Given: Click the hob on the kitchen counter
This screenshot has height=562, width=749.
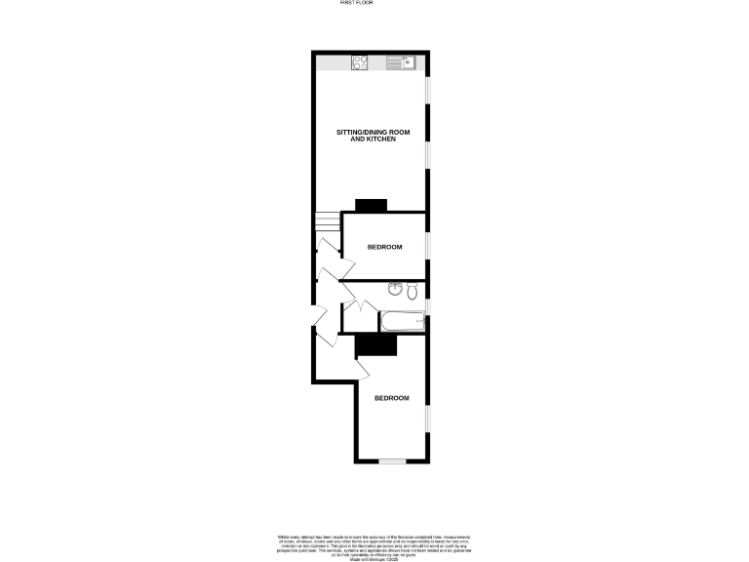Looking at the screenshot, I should (x=359, y=63).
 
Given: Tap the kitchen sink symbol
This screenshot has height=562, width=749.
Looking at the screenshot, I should (x=401, y=63).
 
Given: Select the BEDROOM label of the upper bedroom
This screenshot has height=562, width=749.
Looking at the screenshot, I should (x=384, y=247).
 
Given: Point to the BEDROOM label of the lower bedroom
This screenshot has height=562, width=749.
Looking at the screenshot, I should (x=390, y=398).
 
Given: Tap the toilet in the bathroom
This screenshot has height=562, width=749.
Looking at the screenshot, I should (x=413, y=290).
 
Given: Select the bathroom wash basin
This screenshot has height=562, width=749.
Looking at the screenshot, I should (x=393, y=289).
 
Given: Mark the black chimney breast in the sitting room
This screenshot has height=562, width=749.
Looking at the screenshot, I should (x=371, y=205).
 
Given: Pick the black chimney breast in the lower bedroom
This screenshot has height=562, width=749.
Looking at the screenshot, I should (x=376, y=344).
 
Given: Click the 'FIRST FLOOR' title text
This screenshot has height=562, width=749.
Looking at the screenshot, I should (x=356, y=4).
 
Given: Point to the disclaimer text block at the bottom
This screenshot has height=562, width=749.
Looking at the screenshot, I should (x=374, y=544).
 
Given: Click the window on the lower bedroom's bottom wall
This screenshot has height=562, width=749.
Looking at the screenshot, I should (x=392, y=461).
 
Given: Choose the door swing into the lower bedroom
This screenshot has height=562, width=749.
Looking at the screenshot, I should (x=362, y=369).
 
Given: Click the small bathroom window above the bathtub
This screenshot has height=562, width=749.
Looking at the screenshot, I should (x=428, y=312).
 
